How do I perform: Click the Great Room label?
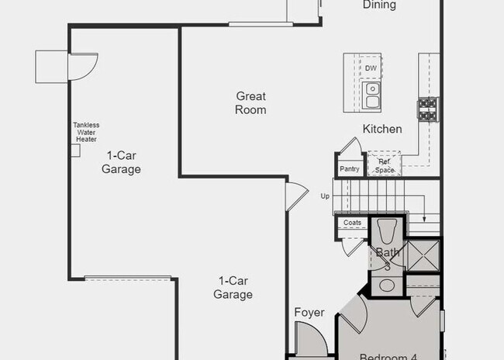[251, 103]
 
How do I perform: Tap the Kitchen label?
[382, 129]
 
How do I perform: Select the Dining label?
[379, 5]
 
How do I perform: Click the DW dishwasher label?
[371, 68]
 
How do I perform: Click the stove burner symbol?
[428, 109]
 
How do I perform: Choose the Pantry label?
[349, 168]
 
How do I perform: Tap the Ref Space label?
[385, 166]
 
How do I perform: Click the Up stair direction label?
[325, 196]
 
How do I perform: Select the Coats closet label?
[352, 223]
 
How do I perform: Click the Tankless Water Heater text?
[86, 132]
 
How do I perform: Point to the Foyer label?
[309, 313]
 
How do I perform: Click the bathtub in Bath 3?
[386, 234]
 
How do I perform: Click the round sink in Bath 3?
[386, 285]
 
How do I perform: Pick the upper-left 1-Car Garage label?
[121, 162]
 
